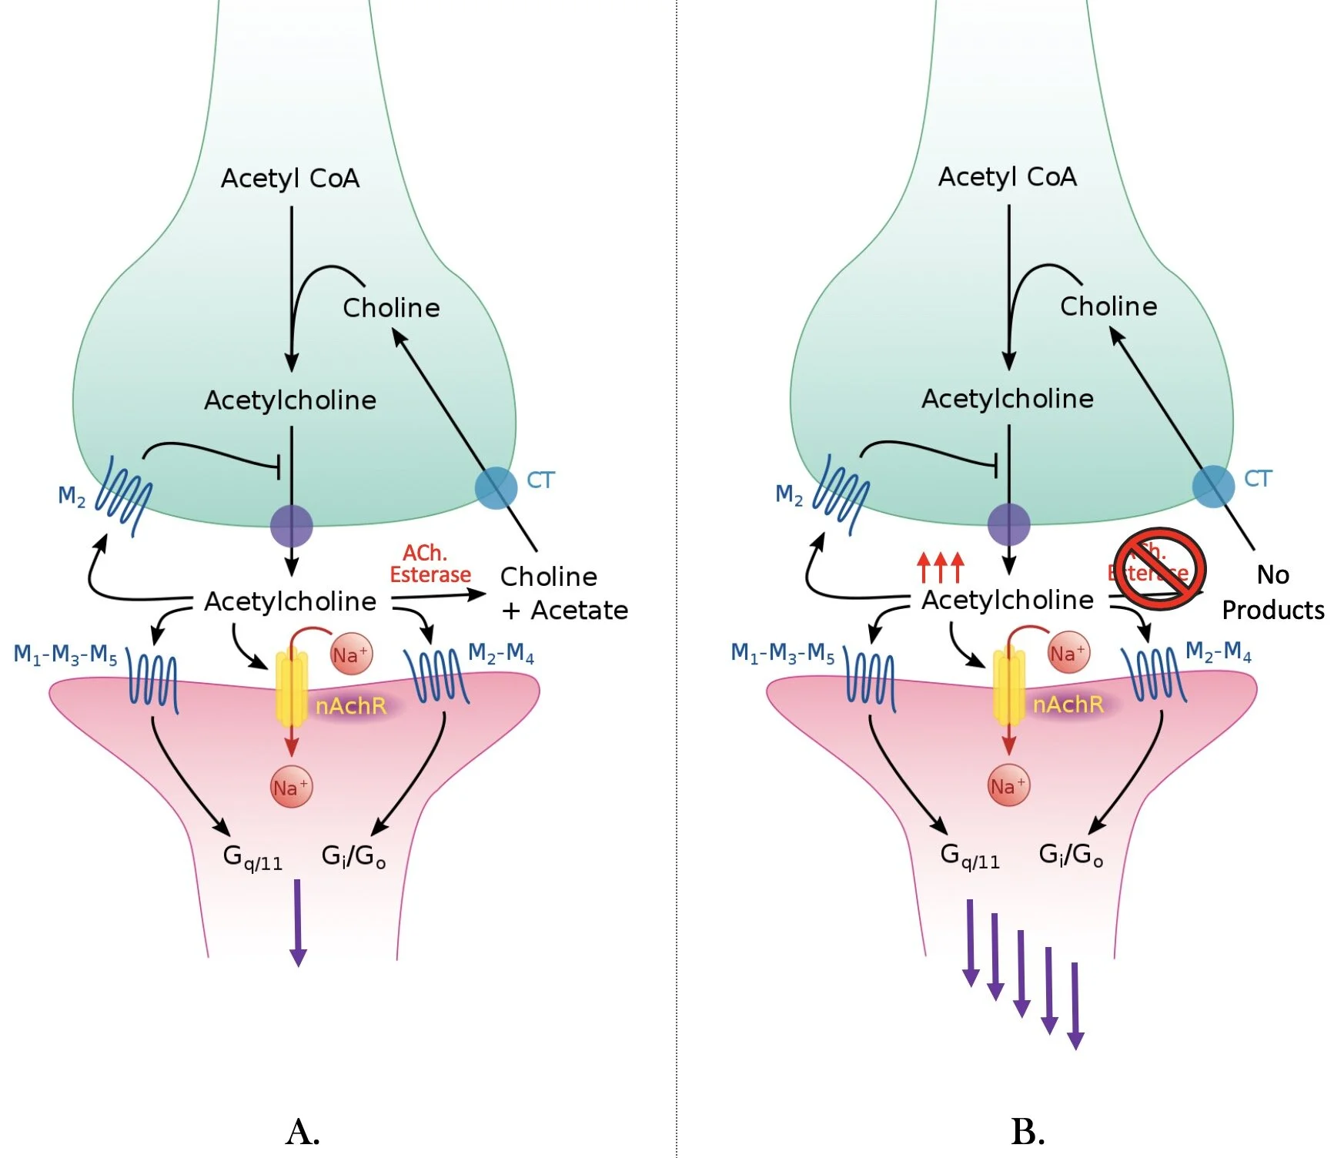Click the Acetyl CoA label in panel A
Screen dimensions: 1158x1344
(290, 179)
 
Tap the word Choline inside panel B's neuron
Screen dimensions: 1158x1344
(1108, 306)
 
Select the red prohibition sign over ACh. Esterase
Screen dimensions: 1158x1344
(1160, 569)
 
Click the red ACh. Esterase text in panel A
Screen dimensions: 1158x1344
(430, 564)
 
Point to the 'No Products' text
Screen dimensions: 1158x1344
(1273, 592)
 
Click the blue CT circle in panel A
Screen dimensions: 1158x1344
(496, 487)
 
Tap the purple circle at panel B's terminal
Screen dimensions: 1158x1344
(1008, 525)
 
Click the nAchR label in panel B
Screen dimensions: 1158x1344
(1068, 704)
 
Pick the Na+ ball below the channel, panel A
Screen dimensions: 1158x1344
(291, 787)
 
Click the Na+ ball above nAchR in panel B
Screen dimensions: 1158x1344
(1068, 653)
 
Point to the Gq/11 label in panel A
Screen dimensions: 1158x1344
(252, 857)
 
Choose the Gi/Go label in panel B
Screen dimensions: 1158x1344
(1071, 855)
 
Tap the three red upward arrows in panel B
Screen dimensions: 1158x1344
(940, 567)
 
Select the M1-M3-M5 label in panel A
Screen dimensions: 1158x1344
(65, 655)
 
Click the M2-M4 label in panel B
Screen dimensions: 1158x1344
(1218, 652)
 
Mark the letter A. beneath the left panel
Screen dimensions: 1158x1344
(303, 1132)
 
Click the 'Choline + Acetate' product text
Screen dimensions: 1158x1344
(563, 593)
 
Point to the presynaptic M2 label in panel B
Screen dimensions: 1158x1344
(789, 494)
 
